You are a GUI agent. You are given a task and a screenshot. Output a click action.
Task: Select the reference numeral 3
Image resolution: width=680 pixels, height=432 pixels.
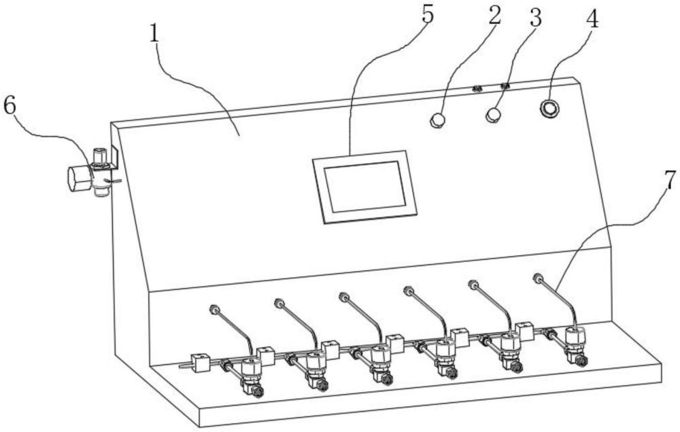pyautogui.click(x=536, y=18)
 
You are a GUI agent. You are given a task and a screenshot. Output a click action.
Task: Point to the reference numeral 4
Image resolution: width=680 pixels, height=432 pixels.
pyautogui.click(x=592, y=19)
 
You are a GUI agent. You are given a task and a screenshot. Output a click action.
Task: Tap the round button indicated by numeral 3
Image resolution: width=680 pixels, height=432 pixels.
pyautogui.click(x=494, y=115)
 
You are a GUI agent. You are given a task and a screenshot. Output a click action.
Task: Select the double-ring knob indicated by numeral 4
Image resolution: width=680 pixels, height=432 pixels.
pyautogui.click(x=549, y=108)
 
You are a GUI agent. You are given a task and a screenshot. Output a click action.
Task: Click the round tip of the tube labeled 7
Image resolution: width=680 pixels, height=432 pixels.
pyautogui.click(x=538, y=278)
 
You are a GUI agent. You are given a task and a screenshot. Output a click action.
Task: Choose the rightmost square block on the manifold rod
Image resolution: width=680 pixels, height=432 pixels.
pyautogui.click(x=524, y=330)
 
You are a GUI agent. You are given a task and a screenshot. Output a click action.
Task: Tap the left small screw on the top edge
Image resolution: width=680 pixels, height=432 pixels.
pyautogui.click(x=477, y=88)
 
